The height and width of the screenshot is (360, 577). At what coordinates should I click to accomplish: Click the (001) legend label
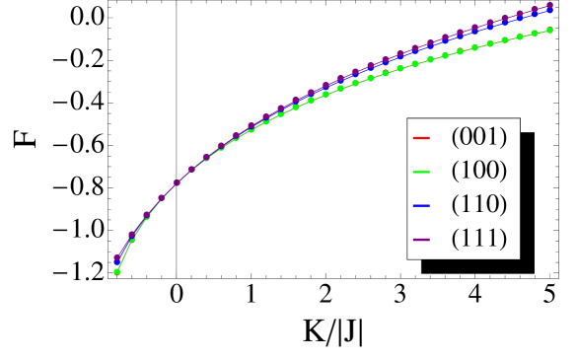click(478, 136)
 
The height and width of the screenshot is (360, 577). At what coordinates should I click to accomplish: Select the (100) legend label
click(478, 171)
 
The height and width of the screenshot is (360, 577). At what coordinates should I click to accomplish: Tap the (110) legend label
click(478, 204)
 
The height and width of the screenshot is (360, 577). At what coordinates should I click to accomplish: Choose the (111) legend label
click(478, 239)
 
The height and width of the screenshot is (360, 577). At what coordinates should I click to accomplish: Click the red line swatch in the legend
click(421, 137)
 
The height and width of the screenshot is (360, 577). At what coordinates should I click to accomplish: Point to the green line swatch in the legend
click(421, 172)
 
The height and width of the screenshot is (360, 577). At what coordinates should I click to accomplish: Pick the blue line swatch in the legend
click(421, 205)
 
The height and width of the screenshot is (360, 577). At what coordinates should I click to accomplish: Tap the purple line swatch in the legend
click(421, 240)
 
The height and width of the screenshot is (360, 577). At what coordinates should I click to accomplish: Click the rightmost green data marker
click(549, 31)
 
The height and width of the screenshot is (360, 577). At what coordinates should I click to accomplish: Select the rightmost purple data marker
click(549, 6)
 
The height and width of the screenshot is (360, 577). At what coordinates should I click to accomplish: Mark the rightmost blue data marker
click(549, 10)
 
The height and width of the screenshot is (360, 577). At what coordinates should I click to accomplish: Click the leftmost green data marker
click(117, 271)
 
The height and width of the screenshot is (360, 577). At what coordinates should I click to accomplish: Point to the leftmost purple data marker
click(117, 258)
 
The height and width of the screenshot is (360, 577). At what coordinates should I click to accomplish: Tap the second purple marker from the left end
click(132, 235)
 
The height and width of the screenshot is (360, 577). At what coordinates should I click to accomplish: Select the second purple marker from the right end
click(535, 10)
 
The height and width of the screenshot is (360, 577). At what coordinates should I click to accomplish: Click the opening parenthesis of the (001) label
click(455, 136)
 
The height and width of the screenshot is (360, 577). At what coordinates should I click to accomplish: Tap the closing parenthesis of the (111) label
click(503, 239)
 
